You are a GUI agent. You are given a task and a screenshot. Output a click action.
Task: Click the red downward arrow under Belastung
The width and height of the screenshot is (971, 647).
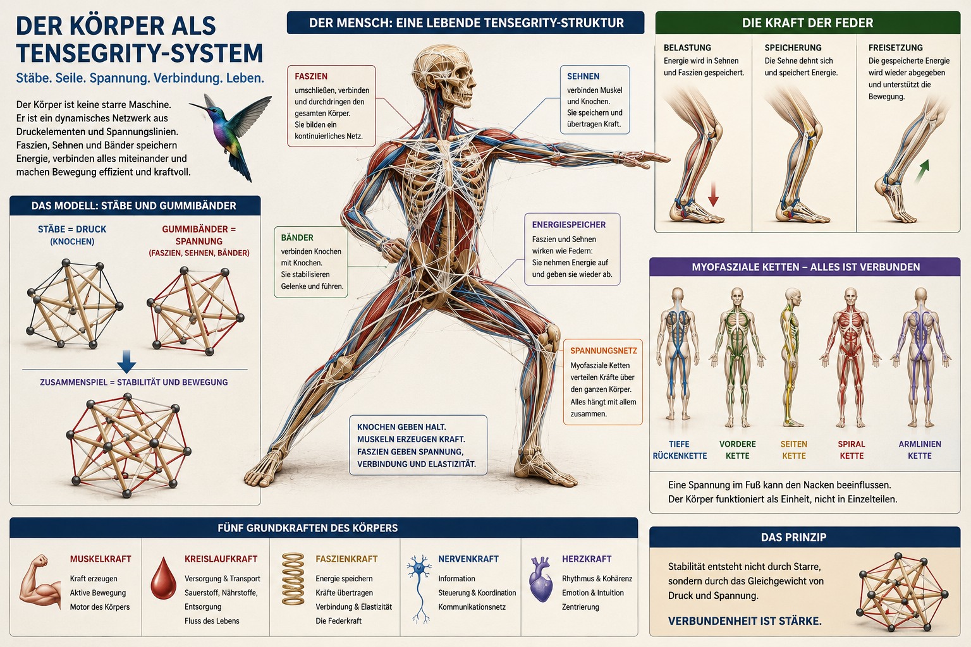point(713,194)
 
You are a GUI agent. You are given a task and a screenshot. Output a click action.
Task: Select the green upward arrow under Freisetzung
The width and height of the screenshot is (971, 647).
point(922,171)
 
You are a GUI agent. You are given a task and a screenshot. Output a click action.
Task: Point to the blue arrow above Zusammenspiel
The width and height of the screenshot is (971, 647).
point(126,361)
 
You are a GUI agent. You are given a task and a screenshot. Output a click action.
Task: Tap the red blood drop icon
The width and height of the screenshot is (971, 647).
point(164,578)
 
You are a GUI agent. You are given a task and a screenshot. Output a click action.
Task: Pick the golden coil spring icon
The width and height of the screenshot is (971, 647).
point(293,579)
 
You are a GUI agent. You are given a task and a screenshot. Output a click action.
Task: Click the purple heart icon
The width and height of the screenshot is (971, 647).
point(541,579)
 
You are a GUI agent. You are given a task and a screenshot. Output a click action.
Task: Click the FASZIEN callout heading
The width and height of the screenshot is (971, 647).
point(311,76)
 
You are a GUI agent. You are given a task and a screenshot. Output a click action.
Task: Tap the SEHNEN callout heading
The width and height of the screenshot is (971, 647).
point(583,76)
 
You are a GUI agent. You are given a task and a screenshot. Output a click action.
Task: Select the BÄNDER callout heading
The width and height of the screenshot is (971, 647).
point(297,238)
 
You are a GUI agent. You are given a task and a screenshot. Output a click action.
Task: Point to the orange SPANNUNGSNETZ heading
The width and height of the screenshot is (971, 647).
point(604,351)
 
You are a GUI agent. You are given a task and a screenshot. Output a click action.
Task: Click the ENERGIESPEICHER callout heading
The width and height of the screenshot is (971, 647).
point(569,224)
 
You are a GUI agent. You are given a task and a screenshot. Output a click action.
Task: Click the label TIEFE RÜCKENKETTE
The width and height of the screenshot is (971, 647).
point(680,450)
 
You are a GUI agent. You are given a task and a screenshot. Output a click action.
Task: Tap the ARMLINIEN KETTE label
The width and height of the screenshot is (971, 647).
point(920,450)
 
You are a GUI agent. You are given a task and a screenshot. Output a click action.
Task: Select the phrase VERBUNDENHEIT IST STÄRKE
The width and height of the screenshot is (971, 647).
point(745,621)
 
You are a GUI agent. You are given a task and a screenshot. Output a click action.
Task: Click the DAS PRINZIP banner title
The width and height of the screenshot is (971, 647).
point(794,537)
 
